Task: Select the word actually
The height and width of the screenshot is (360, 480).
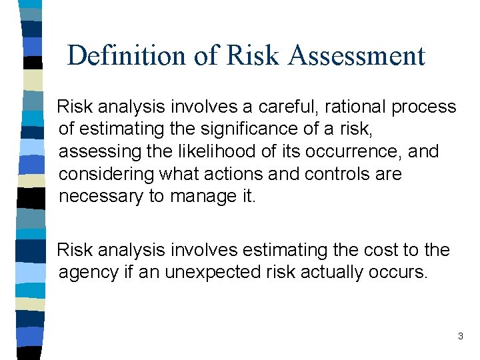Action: point(333,273)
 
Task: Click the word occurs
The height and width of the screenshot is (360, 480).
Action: point(401,273)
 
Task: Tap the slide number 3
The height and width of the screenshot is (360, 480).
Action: point(460,337)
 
